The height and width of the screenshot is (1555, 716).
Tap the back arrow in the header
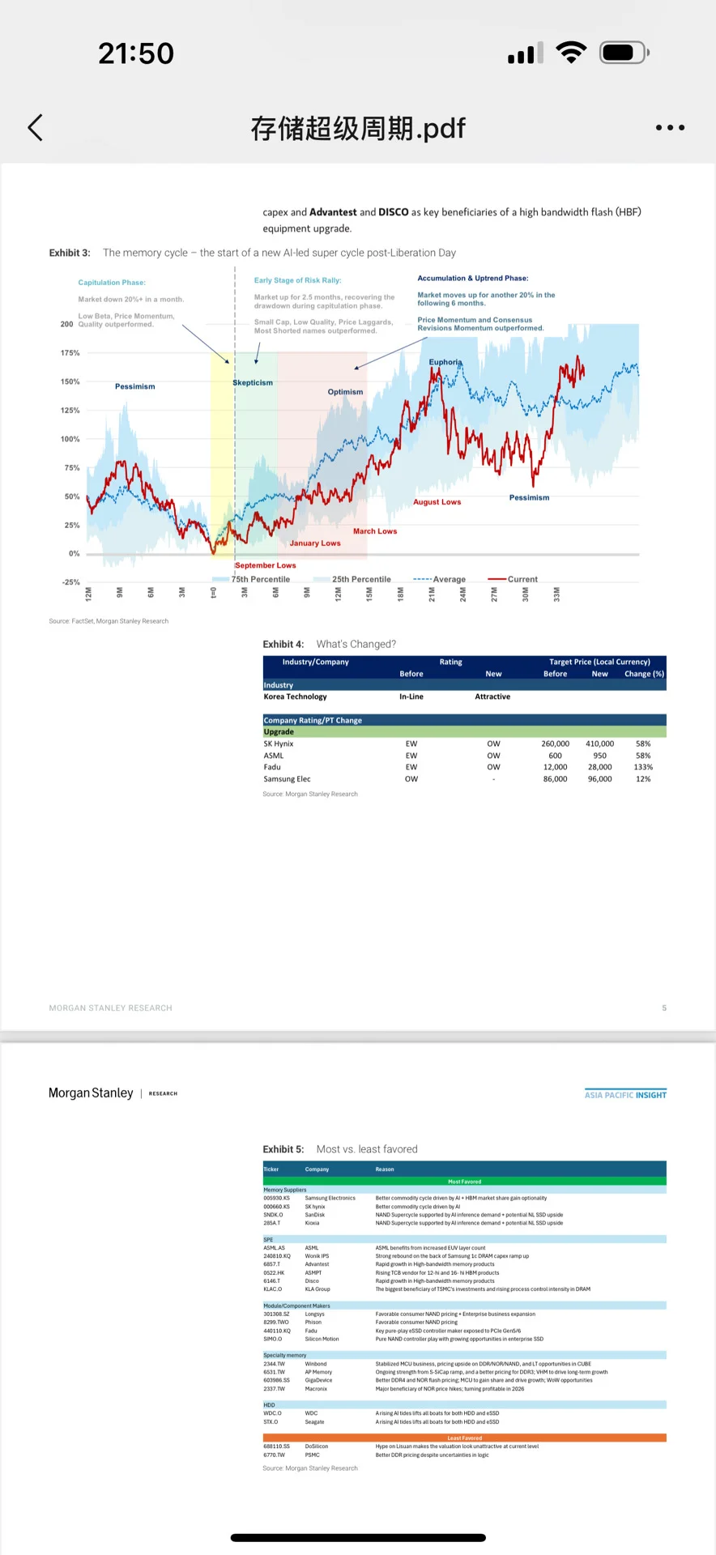(x=36, y=128)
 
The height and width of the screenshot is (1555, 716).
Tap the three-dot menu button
(x=670, y=128)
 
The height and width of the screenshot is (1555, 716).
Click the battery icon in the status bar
(x=623, y=53)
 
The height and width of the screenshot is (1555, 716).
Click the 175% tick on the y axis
(x=70, y=353)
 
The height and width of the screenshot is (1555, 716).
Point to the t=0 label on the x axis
(x=214, y=593)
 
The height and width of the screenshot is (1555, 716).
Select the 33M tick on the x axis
(x=556, y=594)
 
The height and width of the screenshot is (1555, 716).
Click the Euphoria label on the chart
(x=445, y=362)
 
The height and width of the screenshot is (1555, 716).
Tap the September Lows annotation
(x=265, y=565)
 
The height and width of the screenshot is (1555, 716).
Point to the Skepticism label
(x=253, y=383)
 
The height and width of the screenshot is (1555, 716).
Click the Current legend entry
(x=522, y=579)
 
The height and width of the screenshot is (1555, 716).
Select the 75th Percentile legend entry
(x=259, y=579)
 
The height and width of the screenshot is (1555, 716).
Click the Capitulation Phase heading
(x=112, y=283)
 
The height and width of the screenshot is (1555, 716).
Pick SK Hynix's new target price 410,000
(x=599, y=743)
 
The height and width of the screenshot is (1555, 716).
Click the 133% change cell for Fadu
(x=643, y=767)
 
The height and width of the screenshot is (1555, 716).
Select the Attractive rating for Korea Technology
(x=492, y=697)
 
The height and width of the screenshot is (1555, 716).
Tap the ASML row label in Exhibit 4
(x=274, y=756)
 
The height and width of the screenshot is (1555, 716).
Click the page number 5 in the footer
(x=664, y=1008)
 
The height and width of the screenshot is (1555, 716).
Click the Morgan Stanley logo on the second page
(x=91, y=1093)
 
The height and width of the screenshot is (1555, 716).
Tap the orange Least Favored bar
(x=464, y=1438)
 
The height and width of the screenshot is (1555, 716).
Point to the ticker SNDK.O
(x=273, y=1215)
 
